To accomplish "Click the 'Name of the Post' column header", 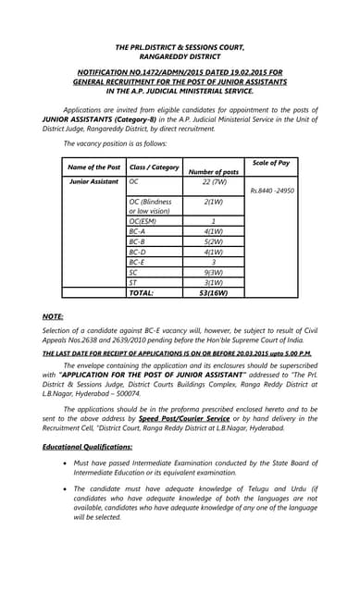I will click(93, 167).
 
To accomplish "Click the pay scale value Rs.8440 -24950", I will click(272, 190).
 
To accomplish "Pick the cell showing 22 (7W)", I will click(213, 182).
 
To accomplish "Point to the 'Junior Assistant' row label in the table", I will click(93, 182).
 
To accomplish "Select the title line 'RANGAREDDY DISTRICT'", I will click(180, 55).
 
